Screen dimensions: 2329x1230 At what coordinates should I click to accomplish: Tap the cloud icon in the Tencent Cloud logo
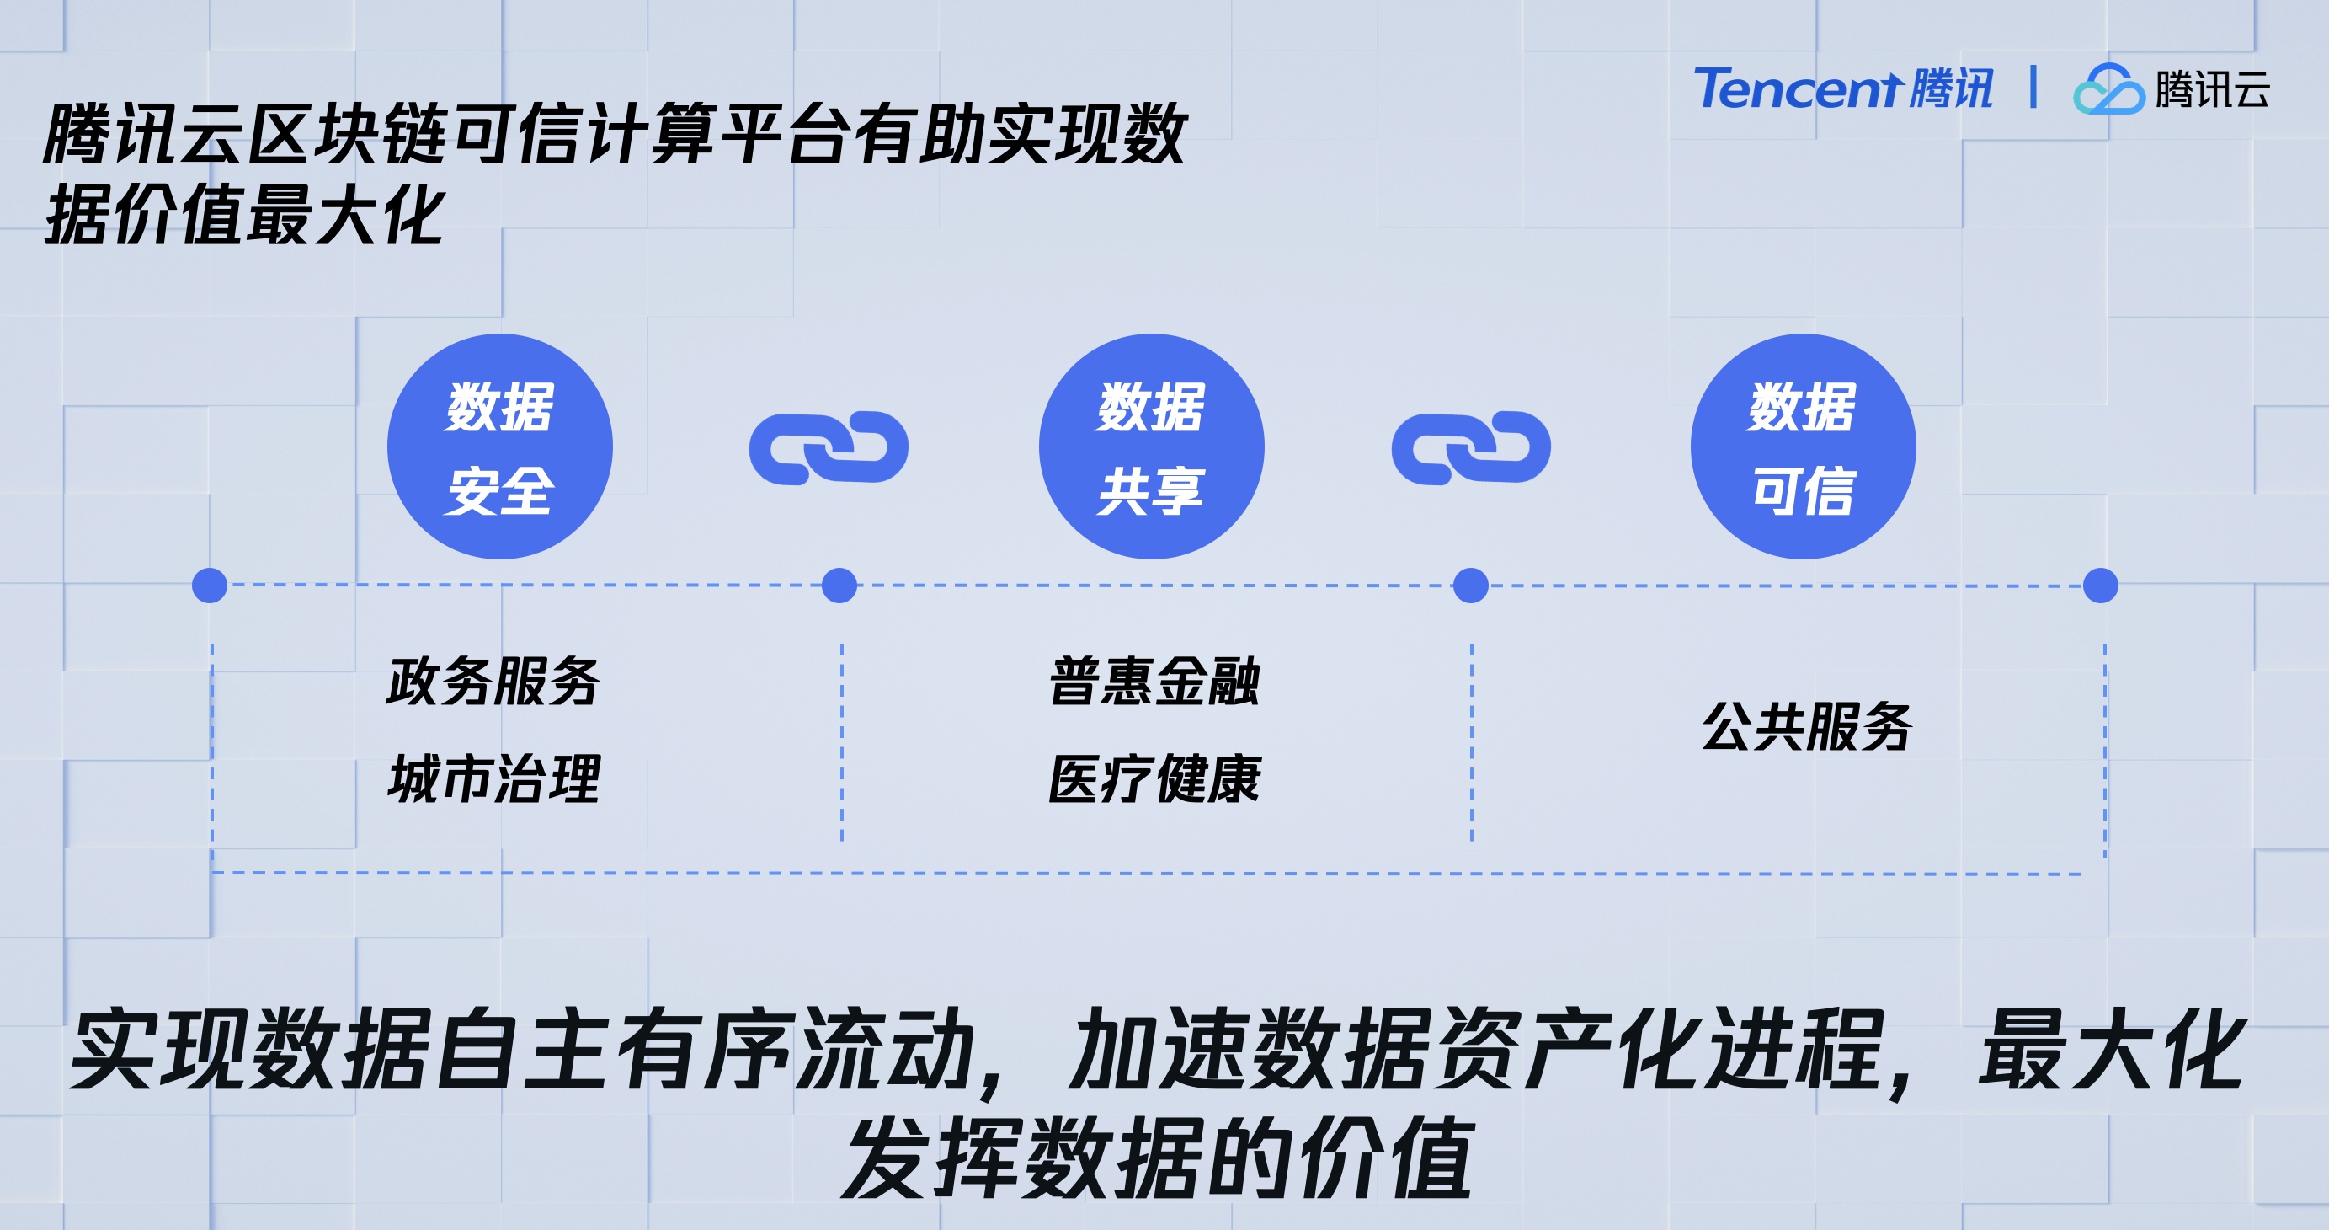pos(2108,89)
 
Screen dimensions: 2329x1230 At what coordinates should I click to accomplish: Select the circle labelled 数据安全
pos(500,447)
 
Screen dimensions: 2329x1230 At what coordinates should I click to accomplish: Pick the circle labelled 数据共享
pos(1151,447)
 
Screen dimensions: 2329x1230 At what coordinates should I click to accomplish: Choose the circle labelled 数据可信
pos(1803,447)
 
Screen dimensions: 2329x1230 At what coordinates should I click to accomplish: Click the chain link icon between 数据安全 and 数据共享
pos(829,447)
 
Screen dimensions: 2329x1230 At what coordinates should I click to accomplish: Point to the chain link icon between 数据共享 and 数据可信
pos(1471,447)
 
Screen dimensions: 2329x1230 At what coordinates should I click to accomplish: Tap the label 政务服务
pos(493,681)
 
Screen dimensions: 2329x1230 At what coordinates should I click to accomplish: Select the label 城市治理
pos(493,778)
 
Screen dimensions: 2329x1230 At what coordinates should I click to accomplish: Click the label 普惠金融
pos(1154,681)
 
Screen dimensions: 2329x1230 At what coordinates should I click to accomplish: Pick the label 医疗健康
pos(1154,778)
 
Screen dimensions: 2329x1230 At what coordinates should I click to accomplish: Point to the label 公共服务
pos(1806,726)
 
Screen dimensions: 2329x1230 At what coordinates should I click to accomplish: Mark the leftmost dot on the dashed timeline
pos(210,586)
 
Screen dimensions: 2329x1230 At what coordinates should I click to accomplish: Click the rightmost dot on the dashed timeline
pos(2100,586)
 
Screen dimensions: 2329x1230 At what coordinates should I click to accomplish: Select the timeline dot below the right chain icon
pos(1471,586)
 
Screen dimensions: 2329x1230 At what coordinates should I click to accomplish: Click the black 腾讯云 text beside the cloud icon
pos(2211,89)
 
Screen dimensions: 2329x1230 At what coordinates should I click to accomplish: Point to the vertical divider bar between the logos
pos(2033,87)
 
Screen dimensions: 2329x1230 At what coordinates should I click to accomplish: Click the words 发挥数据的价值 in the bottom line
pos(1158,1158)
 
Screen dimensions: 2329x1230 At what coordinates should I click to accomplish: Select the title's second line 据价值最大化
pos(244,216)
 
